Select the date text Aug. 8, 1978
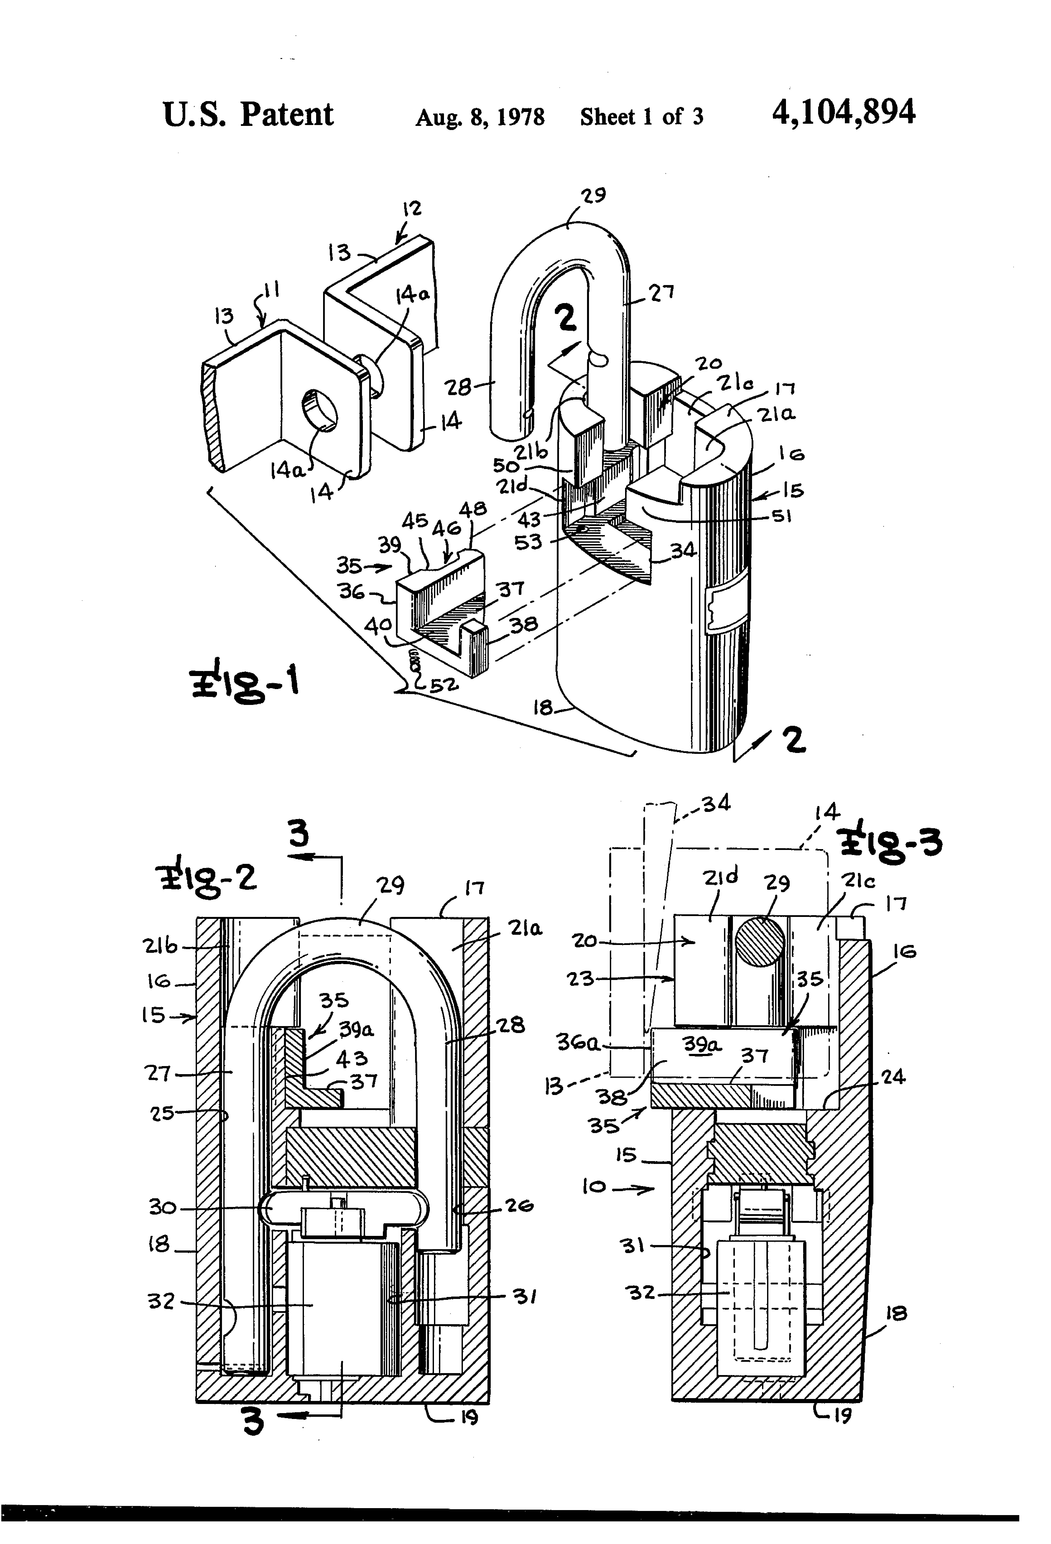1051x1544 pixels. click(480, 118)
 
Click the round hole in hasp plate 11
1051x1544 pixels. click(320, 420)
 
